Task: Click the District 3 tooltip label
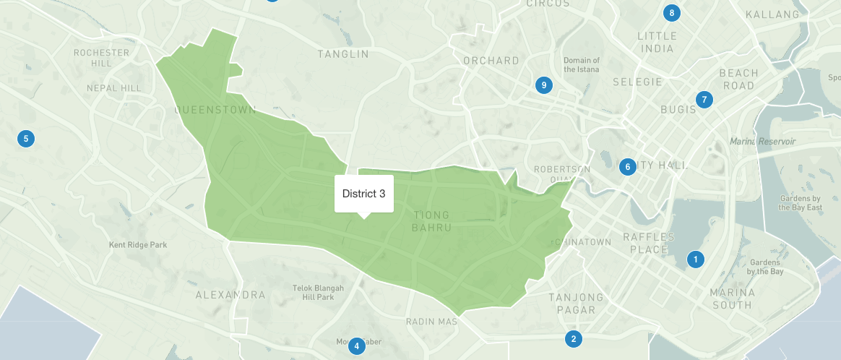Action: tap(363, 194)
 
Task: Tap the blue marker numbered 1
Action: tap(696, 259)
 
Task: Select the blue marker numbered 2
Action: tap(573, 338)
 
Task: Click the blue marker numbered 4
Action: tap(355, 346)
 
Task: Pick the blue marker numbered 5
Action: tap(26, 138)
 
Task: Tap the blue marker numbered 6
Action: tap(627, 167)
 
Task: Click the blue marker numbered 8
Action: tap(672, 12)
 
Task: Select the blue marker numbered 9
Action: tap(544, 85)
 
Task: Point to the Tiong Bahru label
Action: tap(431, 221)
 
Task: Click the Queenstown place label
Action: tap(215, 111)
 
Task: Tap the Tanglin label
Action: tap(343, 54)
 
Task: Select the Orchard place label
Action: tap(491, 61)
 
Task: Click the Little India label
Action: tap(657, 42)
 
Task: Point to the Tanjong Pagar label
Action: tap(576, 304)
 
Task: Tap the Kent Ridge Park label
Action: tap(137, 245)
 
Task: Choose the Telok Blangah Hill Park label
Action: tap(314, 292)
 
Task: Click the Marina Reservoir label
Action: tap(762, 141)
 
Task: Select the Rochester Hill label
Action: tap(101, 58)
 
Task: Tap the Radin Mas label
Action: tap(431, 321)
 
